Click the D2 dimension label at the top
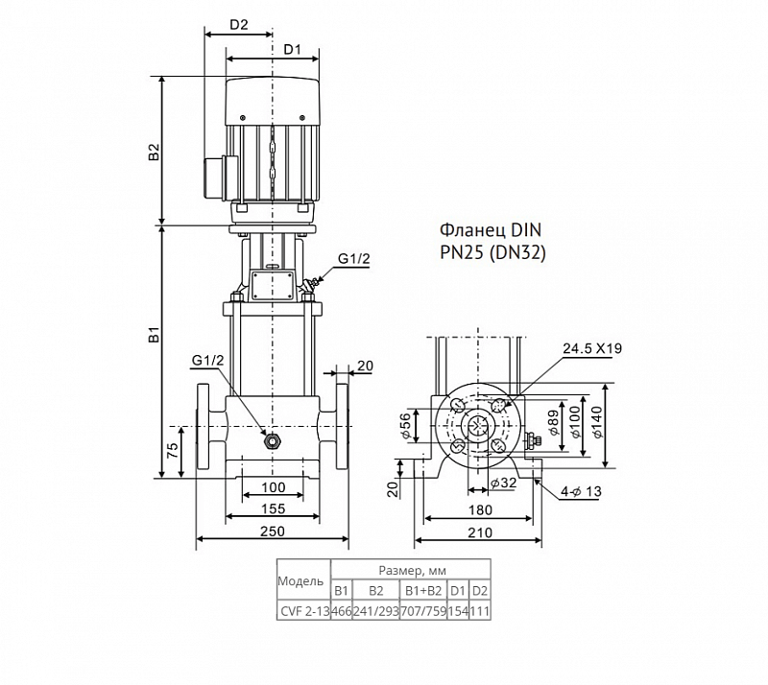tap(239, 25)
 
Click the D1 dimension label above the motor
tap(293, 50)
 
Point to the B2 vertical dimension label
tap(155, 152)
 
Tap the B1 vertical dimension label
tap(155, 335)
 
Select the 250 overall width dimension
tap(273, 531)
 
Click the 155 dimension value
tap(273, 508)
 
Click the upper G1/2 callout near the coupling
tap(354, 259)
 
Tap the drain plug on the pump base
tap(271, 441)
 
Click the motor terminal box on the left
tap(214, 177)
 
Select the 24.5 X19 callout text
tap(591, 348)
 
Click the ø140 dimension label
tap(597, 422)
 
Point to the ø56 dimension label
tap(404, 426)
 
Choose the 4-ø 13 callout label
tap(581, 491)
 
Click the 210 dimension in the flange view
tap(480, 532)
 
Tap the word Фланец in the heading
tap(465, 230)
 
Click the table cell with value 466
tap(342, 611)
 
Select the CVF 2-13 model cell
tap(304, 611)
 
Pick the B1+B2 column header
tap(423, 591)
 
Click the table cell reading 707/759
tap(423, 611)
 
